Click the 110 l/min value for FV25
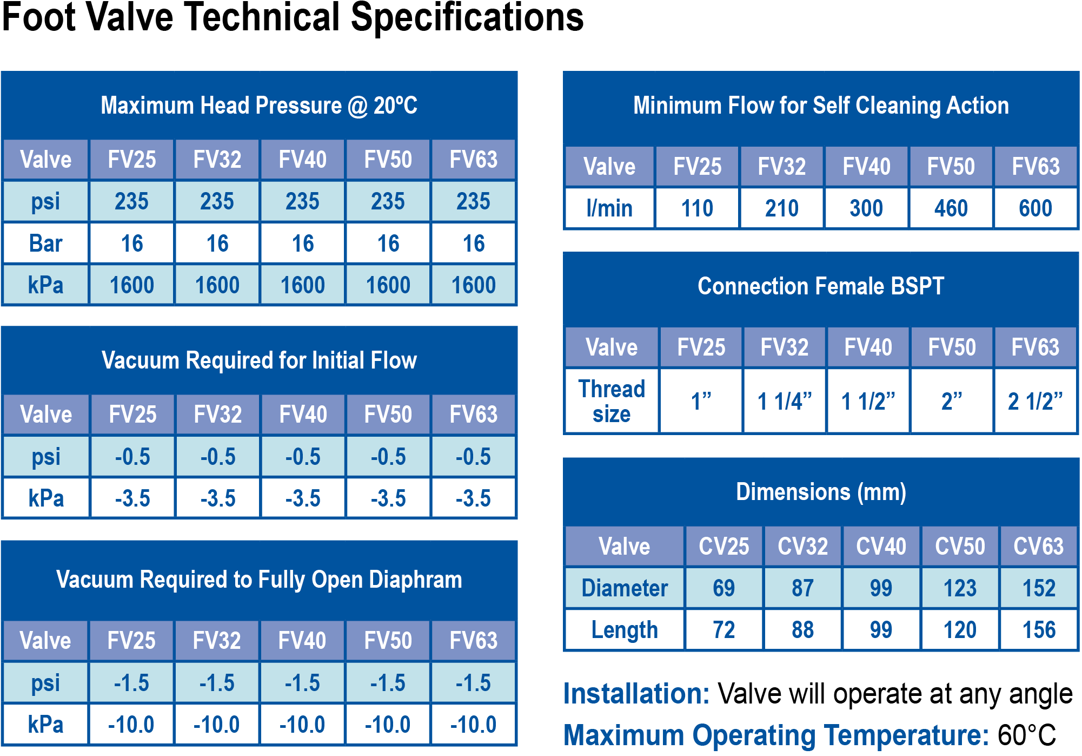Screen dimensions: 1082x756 [697, 208]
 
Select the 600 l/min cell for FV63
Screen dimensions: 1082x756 [1035, 208]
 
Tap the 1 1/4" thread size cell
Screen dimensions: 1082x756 [785, 402]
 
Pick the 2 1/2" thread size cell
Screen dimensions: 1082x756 [1035, 402]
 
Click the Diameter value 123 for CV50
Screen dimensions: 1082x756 [960, 588]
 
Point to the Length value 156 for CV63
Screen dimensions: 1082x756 [1039, 630]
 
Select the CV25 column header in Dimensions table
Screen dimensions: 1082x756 [724, 547]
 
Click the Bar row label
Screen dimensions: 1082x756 [46, 244]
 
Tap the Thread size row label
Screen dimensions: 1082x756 [612, 402]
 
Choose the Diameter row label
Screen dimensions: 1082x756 [625, 588]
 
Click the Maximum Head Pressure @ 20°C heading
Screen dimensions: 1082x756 [259, 106]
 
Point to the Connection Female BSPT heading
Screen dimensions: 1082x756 [821, 286]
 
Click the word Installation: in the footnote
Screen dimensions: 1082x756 [636, 694]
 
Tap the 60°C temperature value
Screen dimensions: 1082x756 [1026, 735]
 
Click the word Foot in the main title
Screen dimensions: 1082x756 [39, 17]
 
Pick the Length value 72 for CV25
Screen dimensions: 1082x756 [724, 630]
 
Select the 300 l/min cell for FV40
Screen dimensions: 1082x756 [866, 208]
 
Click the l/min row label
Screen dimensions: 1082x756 [609, 208]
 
